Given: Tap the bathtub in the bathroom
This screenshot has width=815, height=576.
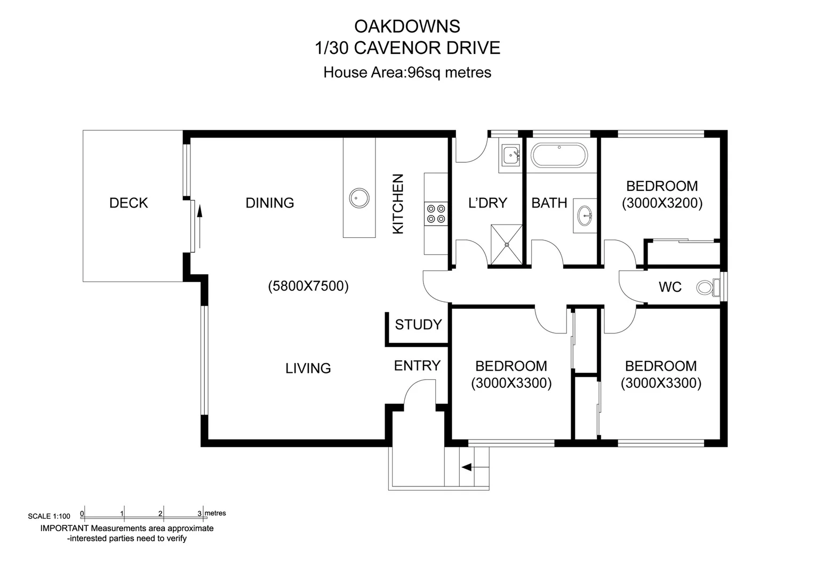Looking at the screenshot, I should [559, 155].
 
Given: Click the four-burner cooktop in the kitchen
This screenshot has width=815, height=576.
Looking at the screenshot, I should [436, 213].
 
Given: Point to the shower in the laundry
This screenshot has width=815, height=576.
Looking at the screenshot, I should [506, 244].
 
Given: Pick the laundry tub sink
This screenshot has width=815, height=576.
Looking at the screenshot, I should [511, 155].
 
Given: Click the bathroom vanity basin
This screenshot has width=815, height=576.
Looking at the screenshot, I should [586, 216].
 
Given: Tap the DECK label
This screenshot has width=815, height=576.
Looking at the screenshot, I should [129, 203].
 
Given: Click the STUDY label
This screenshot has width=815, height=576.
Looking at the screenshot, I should [418, 325].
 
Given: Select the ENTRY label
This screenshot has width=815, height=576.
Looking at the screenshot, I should [417, 366].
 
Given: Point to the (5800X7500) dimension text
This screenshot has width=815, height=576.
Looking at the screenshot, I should [308, 286].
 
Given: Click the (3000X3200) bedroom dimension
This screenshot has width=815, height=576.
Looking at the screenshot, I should [662, 203].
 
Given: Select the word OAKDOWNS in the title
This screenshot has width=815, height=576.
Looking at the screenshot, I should [407, 26].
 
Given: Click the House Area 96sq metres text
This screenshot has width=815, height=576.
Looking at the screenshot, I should [407, 73].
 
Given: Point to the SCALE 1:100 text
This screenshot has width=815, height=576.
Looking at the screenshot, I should [49, 516].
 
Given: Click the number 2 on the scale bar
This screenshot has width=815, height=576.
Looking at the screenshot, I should [160, 514].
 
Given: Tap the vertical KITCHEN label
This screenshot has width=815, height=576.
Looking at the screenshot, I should [398, 204].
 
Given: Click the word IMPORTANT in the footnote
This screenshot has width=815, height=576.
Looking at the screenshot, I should [64, 529].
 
